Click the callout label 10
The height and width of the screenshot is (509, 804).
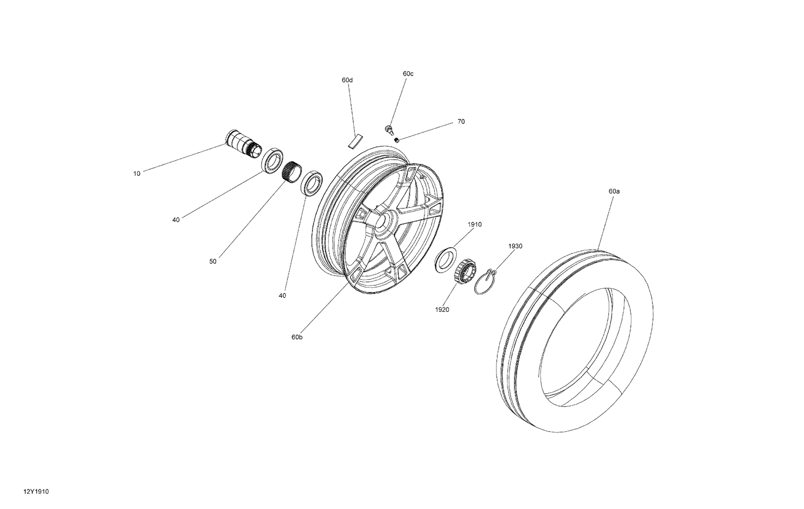(x=137, y=174)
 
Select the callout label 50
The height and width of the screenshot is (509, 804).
(x=213, y=261)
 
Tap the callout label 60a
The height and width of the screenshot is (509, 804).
(x=614, y=191)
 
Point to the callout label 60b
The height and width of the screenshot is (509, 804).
(x=297, y=337)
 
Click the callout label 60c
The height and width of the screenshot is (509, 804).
(x=408, y=73)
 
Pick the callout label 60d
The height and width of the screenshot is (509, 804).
(x=347, y=80)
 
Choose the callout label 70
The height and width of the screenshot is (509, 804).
(x=461, y=122)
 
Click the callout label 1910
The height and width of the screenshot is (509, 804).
(x=474, y=224)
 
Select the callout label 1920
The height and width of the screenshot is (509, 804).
(x=442, y=310)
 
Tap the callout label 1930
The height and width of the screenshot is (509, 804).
(x=515, y=246)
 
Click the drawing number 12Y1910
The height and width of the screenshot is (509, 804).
(x=33, y=491)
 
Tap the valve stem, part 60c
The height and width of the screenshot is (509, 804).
(x=388, y=128)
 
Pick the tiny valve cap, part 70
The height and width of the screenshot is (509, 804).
(x=397, y=140)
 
